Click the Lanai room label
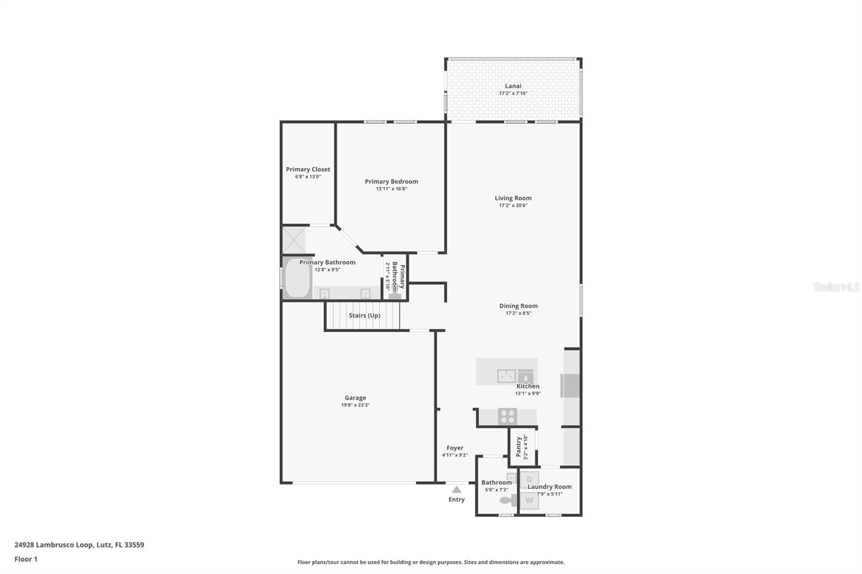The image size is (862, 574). [x=513, y=86]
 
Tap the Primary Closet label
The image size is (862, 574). [x=308, y=169]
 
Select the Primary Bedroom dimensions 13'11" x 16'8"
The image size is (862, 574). [x=391, y=189]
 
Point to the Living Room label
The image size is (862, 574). [x=513, y=198]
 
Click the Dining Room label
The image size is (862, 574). [x=518, y=306]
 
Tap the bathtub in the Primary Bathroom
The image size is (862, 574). [x=297, y=278]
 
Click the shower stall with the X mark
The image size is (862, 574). [x=294, y=240]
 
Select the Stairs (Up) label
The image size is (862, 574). [x=364, y=316]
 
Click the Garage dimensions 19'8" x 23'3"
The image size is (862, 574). [x=355, y=405]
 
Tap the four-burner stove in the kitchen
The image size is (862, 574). [x=507, y=416]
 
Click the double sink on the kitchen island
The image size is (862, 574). [x=506, y=375]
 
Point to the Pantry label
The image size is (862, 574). [x=518, y=446]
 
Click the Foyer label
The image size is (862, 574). [x=455, y=448]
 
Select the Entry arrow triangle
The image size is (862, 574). [x=456, y=489]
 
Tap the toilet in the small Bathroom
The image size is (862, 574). [x=508, y=500]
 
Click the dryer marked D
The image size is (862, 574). [x=529, y=479]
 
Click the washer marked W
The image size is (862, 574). [x=529, y=501]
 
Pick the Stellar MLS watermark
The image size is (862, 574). [x=836, y=287]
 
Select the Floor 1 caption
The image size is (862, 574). [x=26, y=559]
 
